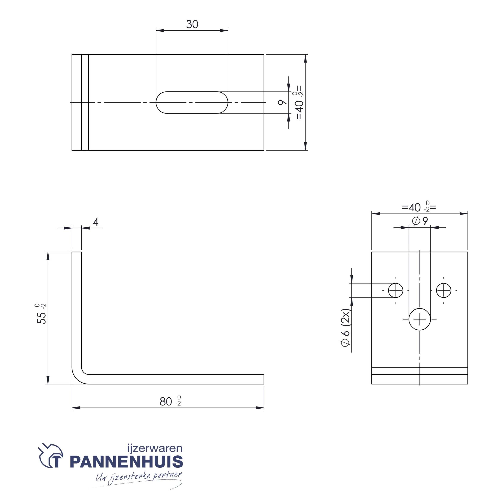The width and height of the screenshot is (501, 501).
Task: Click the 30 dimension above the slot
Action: pos(192,24)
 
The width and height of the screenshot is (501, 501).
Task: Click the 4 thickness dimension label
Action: pos(96,222)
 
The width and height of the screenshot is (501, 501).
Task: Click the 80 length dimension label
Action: pos(170,401)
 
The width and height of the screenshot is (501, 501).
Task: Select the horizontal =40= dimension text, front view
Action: pos(419,207)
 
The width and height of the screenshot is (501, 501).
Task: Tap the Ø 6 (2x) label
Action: pos(346,328)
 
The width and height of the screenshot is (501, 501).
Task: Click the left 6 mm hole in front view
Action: pos(396,290)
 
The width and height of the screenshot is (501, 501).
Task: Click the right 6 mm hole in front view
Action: pos(444,290)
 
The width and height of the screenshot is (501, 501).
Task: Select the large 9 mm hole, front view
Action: pos(420,319)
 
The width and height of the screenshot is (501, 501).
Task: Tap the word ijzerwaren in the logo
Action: pos(155,448)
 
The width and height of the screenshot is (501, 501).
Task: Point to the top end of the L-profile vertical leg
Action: pos(77,253)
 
